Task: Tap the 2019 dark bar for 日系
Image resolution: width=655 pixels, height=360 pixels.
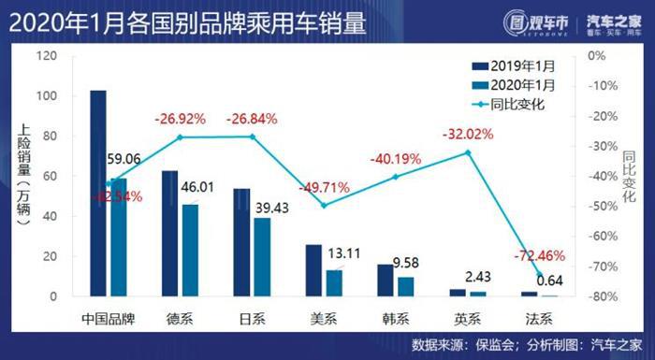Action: coord(241,242)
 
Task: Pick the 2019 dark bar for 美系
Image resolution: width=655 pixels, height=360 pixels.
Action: coord(313,270)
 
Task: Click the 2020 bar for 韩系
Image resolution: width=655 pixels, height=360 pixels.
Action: coord(406,286)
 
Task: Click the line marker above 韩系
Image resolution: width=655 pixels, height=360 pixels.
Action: coord(397,177)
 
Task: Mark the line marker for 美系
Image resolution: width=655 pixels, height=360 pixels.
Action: coord(324,205)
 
